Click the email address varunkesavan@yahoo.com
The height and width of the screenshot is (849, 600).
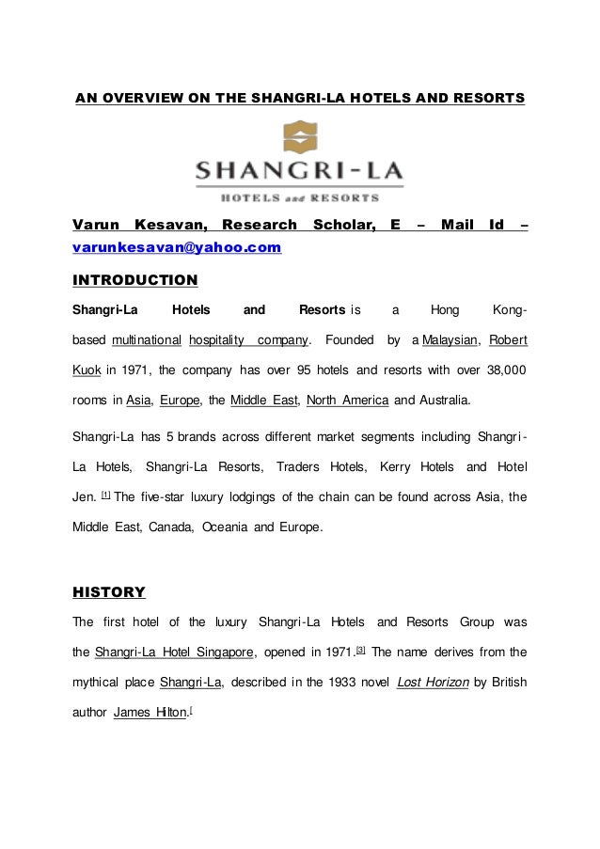tap(177, 247)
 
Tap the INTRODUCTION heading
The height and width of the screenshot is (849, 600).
tap(135, 280)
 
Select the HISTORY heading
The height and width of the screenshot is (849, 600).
tap(109, 592)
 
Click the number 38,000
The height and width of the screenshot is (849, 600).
tap(503, 369)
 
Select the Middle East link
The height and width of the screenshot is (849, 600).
tap(263, 399)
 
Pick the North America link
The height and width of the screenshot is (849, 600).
tap(348, 399)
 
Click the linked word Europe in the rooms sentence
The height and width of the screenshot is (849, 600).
tap(180, 399)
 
